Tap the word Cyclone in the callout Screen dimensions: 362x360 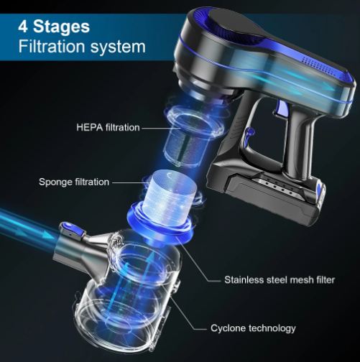228,328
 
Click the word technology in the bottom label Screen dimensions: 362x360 271,328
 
